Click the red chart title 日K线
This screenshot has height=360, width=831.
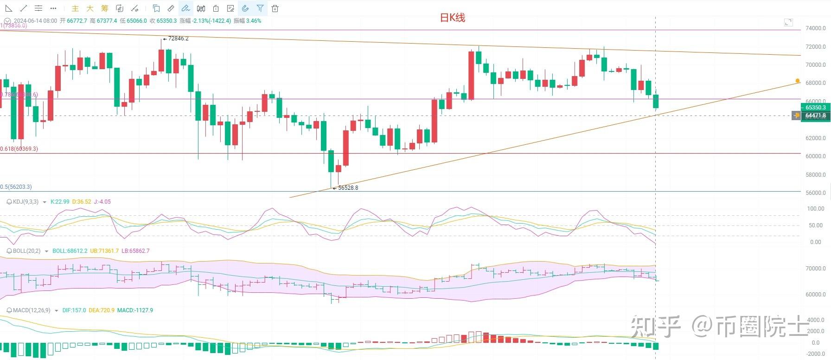(x=452, y=18)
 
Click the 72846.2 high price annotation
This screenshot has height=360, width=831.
(x=178, y=39)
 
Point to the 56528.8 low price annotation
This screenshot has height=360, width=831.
(x=348, y=188)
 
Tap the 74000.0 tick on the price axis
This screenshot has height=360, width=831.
(x=815, y=28)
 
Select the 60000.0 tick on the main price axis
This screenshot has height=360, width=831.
(x=815, y=156)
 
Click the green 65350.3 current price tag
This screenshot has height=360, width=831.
(x=815, y=108)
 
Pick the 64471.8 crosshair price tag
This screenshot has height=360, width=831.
(x=815, y=116)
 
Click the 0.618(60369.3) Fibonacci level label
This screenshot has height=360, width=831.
(x=19, y=149)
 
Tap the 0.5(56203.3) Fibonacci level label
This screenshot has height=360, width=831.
(x=16, y=187)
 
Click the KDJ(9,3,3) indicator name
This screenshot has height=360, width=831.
(x=26, y=202)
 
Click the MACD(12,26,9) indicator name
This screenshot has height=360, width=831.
(x=31, y=310)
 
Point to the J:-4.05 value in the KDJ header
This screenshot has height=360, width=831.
(x=102, y=202)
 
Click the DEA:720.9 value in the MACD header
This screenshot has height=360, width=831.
(x=101, y=310)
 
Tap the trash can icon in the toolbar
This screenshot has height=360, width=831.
(x=275, y=8)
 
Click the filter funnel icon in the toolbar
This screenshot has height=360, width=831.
(x=260, y=8)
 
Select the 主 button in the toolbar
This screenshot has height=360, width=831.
(x=75, y=8)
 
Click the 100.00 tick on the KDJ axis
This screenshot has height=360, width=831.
(x=815, y=209)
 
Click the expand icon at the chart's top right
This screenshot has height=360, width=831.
(x=788, y=22)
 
